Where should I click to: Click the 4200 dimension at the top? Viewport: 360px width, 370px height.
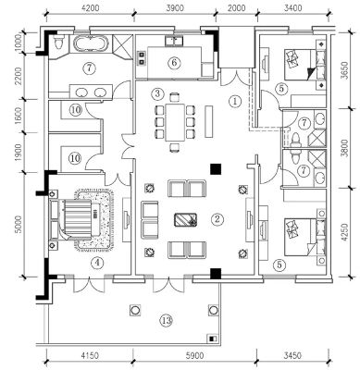pyautogui.click(x=91, y=7)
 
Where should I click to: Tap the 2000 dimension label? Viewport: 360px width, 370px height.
pyautogui.click(x=237, y=7)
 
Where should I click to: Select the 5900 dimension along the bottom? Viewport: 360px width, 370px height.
pyautogui.click(x=195, y=356)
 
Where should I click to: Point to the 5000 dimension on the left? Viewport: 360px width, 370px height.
pyautogui.click(x=19, y=224)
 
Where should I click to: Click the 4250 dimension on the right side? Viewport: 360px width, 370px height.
pyautogui.click(x=344, y=232)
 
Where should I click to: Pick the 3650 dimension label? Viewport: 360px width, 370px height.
pyautogui.click(x=344, y=70)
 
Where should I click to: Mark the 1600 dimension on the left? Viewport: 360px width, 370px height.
pyautogui.click(x=19, y=116)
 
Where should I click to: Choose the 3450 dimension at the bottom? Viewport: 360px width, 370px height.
pyautogui.click(x=292, y=356)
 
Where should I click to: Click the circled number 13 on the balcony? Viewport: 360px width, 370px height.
pyautogui.click(x=167, y=321)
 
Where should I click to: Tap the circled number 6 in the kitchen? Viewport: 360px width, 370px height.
pyautogui.click(x=174, y=63)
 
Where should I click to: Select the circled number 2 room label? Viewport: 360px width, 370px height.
pyautogui.click(x=217, y=219)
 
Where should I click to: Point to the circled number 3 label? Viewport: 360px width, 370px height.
pyautogui.click(x=157, y=93)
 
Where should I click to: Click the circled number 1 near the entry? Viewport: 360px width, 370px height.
pyautogui.click(x=235, y=101)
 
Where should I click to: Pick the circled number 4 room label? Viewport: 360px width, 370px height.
pyautogui.click(x=97, y=263)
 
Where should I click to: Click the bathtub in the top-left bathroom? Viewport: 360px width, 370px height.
pyautogui.click(x=91, y=43)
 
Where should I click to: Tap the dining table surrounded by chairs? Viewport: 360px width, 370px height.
pyautogui.click(x=175, y=122)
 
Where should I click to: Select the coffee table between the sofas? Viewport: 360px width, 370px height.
pyautogui.click(x=186, y=219)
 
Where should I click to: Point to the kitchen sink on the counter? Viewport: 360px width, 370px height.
pyautogui.click(x=174, y=41)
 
